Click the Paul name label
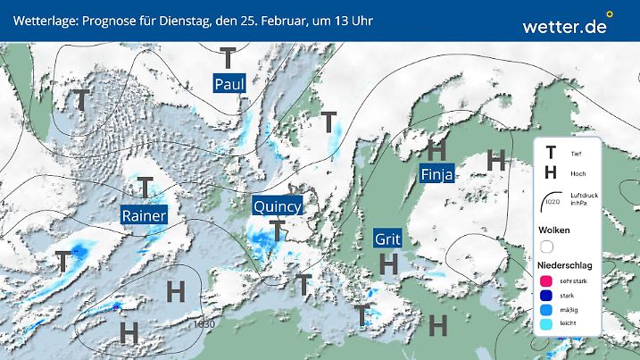[x=229, y=83]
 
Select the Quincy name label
[x=278, y=205]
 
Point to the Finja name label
[x=437, y=175]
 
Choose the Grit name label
[x=386, y=239]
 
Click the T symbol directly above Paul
[x=229, y=58]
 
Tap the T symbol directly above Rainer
[x=145, y=188]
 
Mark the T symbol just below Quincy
[x=278, y=230]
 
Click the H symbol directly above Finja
[x=436, y=149]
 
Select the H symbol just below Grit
[x=388, y=264]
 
